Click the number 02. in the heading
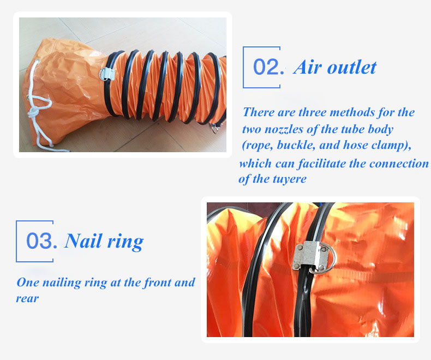(x=268, y=67)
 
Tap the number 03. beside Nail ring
(x=42, y=241)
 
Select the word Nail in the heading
(x=82, y=241)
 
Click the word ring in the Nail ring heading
(x=125, y=242)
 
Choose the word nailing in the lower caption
(x=62, y=283)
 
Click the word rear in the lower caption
(x=27, y=298)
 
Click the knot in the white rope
(x=34, y=113)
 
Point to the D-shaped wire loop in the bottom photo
(x=332, y=259)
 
